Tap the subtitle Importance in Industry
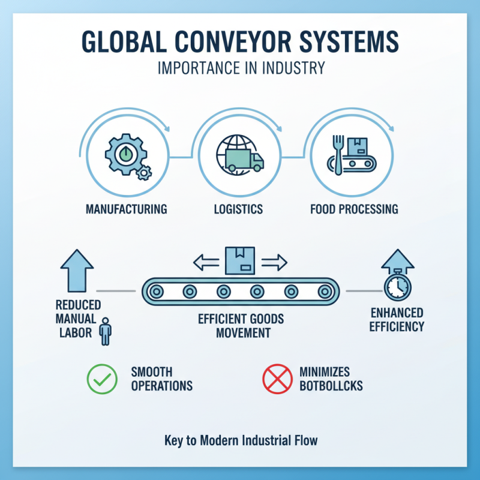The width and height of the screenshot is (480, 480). pyautogui.click(x=240, y=68)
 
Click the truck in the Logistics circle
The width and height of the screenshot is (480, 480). pyautogui.click(x=245, y=161)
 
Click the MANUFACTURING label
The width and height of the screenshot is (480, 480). pyautogui.click(x=126, y=209)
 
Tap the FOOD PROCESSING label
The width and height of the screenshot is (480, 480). pyautogui.click(x=354, y=209)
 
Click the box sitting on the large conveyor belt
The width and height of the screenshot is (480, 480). pyautogui.click(x=240, y=261)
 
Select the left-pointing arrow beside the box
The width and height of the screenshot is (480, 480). pyautogui.click(x=205, y=262)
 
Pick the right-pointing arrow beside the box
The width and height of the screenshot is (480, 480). pyautogui.click(x=274, y=262)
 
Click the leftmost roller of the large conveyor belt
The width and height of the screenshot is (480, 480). pyautogui.click(x=157, y=292)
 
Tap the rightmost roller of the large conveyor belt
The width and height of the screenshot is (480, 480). pyautogui.click(x=325, y=292)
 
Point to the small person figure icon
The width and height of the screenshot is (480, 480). pyautogui.click(x=106, y=332)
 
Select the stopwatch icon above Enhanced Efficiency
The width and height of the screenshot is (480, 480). pyautogui.click(x=397, y=287)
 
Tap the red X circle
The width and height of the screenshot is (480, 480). pyautogui.click(x=276, y=379)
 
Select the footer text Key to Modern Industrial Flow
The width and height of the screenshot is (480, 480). pyautogui.click(x=240, y=441)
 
